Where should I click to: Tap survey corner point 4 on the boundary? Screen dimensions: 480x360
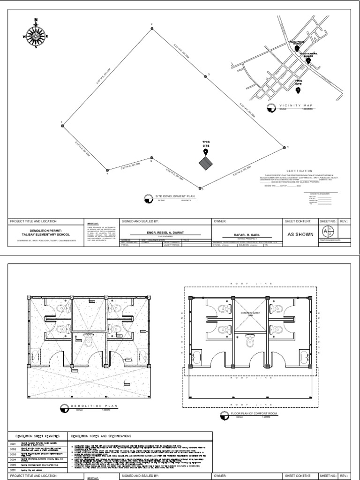point(285,147)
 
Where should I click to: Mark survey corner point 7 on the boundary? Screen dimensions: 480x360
point(107,170)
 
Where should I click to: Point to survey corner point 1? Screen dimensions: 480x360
point(62,125)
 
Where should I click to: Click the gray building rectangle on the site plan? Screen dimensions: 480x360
point(205,164)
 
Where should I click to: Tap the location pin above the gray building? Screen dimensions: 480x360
point(205,151)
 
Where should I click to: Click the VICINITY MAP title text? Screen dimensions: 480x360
point(295,106)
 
